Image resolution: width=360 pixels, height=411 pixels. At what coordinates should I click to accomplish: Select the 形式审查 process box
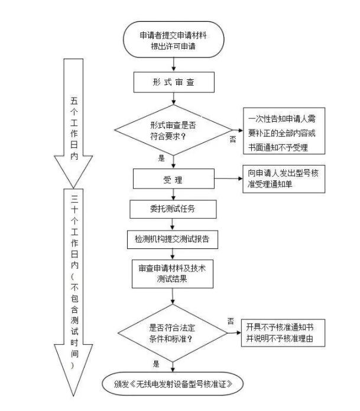[173, 83]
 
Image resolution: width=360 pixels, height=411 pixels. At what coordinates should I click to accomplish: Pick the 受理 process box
[173, 178]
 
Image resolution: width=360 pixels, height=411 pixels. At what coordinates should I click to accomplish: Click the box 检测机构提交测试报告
[173, 240]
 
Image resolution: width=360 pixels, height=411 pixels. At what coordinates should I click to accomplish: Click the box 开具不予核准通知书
[284, 331]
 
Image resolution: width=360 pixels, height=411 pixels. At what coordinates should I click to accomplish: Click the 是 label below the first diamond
[161, 158]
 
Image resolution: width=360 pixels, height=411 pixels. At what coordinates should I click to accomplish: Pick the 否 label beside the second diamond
[230, 319]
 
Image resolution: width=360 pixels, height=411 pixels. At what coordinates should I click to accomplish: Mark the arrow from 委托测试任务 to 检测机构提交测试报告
[173, 224]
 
